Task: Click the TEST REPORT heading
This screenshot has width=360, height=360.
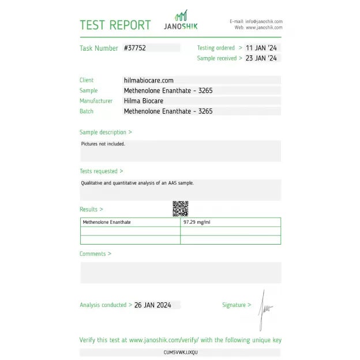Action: point(115,25)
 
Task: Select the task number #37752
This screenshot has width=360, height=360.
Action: point(135,48)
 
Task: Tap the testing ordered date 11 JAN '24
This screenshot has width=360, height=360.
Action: point(261,48)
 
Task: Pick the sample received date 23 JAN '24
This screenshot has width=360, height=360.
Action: point(261,58)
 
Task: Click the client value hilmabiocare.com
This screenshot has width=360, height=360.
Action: point(149,80)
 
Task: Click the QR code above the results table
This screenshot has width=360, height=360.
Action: point(181,208)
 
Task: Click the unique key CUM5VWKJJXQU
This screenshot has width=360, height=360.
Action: point(181,352)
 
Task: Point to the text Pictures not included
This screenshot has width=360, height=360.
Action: point(103,144)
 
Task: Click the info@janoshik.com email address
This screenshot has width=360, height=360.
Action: point(264,21)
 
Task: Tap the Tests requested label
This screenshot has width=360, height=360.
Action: point(101,171)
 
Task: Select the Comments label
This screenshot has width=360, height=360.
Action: point(95,254)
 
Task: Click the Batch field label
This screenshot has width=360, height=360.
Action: point(87,111)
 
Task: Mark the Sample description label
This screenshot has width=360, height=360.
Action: point(106,132)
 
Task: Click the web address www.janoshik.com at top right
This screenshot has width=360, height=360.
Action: point(264,27)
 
